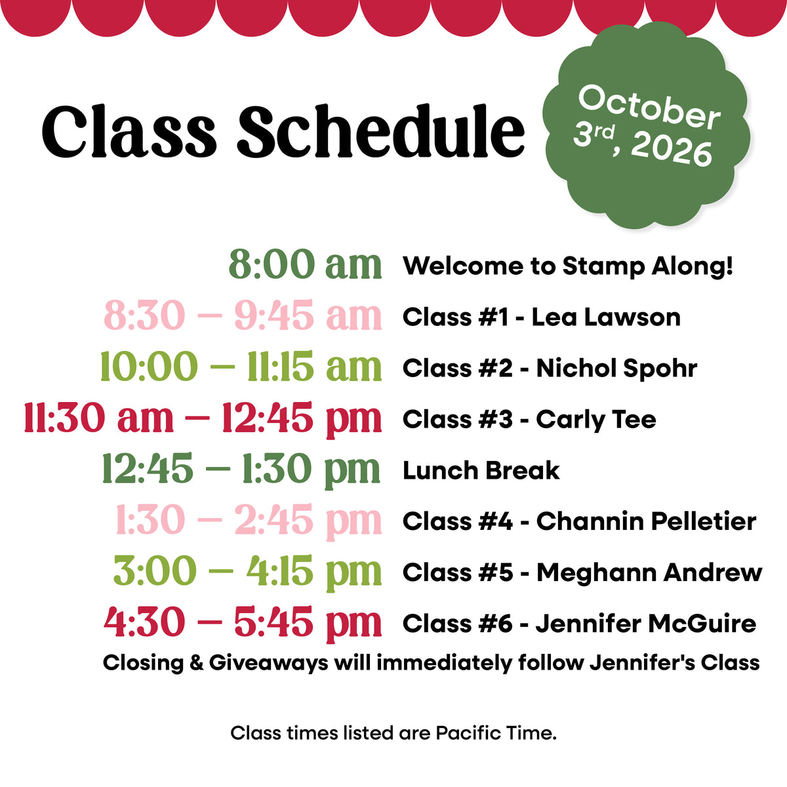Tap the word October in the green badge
coord(649,108)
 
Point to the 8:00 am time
coord(305,264)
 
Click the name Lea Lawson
coord(606,317)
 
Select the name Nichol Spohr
coord(616,369)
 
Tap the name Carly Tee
coord(596,420)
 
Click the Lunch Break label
coord(481,470)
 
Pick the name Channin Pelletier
coord(646,521)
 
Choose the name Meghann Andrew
coord(649,573)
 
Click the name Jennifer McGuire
coord(646,624)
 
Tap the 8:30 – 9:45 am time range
coord(243,315)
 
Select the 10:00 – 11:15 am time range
coord(241,367)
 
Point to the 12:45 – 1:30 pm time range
coord(241,470)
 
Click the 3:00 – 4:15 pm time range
coord(247,572)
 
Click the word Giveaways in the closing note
coord(268,663)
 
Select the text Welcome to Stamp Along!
coord(568,266)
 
